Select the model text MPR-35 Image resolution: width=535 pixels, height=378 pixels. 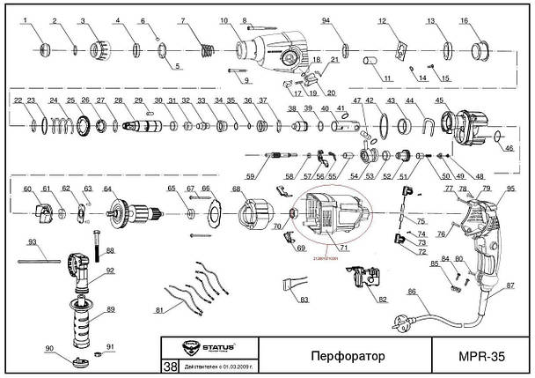[x=485, y=357]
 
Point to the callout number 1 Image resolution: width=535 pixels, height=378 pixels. [x=26, y=19]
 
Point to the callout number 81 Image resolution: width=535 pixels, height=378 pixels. [x=158, y=310]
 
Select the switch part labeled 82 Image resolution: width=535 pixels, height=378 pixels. [x=366, y=283]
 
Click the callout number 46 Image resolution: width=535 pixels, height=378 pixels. [x=507, y=148]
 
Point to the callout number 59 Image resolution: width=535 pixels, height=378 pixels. [x=250, y=177]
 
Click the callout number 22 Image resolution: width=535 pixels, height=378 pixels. [x=18, y=100]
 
